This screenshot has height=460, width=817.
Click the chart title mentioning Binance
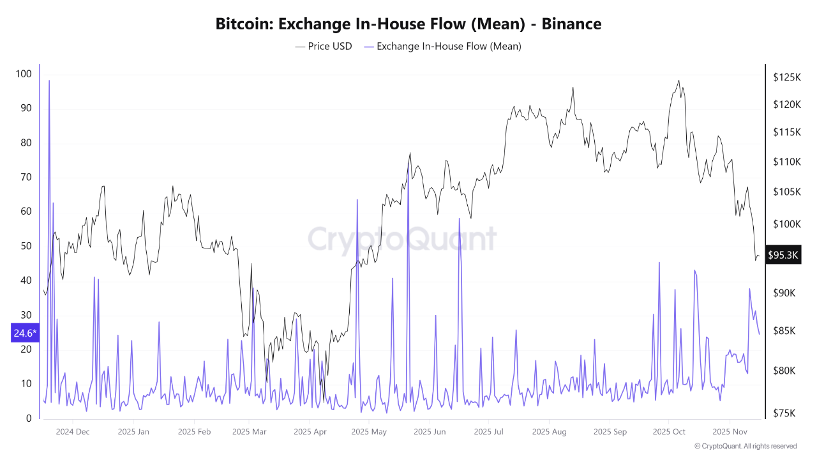click(x=408, y=24)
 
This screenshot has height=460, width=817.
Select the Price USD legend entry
click(x=324, y=46)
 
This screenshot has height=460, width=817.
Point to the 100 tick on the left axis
click(x=23, y=73)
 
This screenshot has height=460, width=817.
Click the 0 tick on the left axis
click(x=28, y=418)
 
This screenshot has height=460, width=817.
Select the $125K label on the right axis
click(x=786, y=77)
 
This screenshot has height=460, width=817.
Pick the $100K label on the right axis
click(x=786, y=224)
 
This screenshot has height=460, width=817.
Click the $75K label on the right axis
click(x=784, y=413)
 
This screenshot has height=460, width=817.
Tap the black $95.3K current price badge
click(x=783, y=256)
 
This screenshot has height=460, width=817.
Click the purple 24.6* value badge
click(x=26, y=333)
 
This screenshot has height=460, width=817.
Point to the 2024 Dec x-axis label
click(x=73, y=432)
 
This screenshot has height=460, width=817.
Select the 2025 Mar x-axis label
click(x=250, y=432)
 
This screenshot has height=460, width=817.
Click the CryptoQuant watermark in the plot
click(x=402, y=239)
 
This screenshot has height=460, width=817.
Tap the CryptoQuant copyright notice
click(x=746, y=446)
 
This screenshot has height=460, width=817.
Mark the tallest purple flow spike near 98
click(x=49, y=80)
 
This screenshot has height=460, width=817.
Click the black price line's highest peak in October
click(x=678, y=80)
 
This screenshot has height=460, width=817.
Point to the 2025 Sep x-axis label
click(x=610, y=432)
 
